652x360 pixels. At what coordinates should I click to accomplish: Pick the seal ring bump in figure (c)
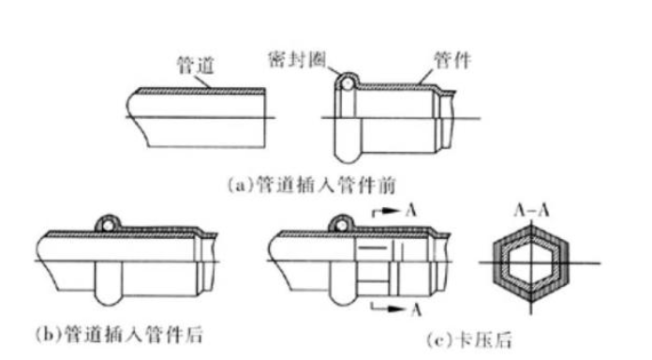tap(341, 222)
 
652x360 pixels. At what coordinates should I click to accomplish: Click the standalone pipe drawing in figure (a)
tap(197, 116)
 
